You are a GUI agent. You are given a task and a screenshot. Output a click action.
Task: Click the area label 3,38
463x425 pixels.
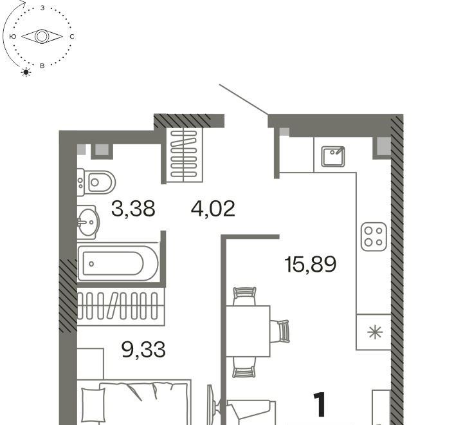[x=133, y=209]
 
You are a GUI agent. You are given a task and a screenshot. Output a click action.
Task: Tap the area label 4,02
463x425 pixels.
[x=213, y=209]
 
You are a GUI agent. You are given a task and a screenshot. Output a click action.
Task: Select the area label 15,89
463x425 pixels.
[x=311, y=264]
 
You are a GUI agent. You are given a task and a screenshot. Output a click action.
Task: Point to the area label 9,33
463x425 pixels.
[x=143, y=350]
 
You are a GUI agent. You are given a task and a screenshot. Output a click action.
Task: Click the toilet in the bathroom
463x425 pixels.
[x=96, y=182]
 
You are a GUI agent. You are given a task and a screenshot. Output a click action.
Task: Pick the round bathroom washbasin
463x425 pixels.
[x=87, y=222]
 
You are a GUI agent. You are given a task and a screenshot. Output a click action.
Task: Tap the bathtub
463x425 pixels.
[x=118, y=263]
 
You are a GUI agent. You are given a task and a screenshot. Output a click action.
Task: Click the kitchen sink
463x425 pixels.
[x=333, y=156]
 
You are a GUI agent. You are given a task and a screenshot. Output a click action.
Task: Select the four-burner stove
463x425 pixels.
[x=374, y=236]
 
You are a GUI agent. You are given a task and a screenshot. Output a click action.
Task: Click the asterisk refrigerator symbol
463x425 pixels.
[x=375, y=332]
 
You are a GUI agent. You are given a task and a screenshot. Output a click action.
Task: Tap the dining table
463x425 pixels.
[x=248, y=331]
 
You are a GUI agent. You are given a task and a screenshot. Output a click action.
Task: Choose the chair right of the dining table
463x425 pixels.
[x=280, y=331]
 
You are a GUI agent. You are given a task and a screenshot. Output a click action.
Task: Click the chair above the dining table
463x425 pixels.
[x=244, y=296]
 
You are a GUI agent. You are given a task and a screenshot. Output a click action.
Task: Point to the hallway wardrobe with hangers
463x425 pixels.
[x=185, y=155]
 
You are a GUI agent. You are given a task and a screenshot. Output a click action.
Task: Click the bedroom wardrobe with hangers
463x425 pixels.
[x=121, y=307]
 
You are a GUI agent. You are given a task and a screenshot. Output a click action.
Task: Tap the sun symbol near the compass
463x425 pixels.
[x=26, y=72]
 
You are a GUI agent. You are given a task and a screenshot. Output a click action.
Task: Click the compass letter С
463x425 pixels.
[x=72, y=37]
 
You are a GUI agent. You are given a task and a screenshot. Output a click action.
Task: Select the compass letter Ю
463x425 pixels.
[x=13, y=37]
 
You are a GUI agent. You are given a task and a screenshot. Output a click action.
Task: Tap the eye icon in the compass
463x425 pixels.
[x=42, y=37]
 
